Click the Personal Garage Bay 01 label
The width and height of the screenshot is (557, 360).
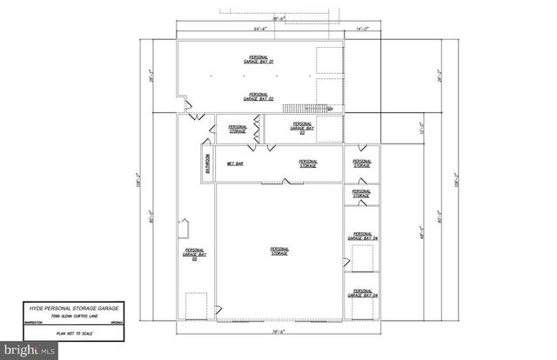(x=258, y=60)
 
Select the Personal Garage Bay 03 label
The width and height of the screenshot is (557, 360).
(x=305, y=129)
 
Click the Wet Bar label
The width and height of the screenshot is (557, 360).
(x=234, y=163)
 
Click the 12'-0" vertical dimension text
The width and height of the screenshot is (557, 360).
(x=423, y=130)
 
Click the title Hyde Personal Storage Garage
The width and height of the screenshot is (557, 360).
(x=74, y=309)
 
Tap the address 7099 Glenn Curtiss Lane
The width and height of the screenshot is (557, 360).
(x=74, y=317)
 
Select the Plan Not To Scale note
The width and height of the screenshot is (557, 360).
(x=74, y=333)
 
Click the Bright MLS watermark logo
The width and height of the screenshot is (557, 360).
(x=31, y=349)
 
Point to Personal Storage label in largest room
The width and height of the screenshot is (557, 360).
(x=278, y=250)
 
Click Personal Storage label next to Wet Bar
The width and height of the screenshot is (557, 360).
(x=309, y=163)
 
